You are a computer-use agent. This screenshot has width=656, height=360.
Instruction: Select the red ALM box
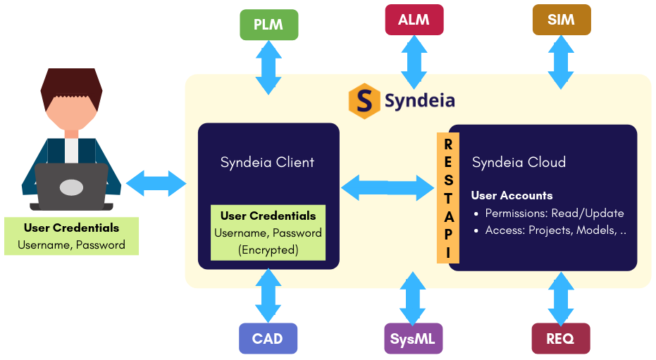click(414, 20)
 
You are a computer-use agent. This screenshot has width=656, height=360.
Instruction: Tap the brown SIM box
click(561, 20)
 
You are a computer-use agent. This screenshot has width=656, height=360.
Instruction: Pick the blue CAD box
click(267, 339)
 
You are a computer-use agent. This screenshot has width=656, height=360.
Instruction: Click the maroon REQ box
click(560, 339)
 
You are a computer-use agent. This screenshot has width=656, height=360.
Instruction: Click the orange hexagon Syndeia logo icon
click(364, 101)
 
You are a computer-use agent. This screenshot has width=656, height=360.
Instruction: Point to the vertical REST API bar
click(448, 198)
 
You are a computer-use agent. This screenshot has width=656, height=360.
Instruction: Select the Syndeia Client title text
click(267, 162)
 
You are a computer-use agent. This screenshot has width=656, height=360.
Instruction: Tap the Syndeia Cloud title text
click(519, 162)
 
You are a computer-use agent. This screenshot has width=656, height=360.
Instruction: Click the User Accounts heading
click(512, 196)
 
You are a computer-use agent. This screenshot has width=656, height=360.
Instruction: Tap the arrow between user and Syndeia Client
click(155, 182)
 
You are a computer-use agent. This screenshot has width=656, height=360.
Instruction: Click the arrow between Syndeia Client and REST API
click(388, 187)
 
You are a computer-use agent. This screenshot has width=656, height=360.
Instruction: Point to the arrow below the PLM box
click(268, 67)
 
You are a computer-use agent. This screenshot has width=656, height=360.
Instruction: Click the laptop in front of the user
click(71, 187)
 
